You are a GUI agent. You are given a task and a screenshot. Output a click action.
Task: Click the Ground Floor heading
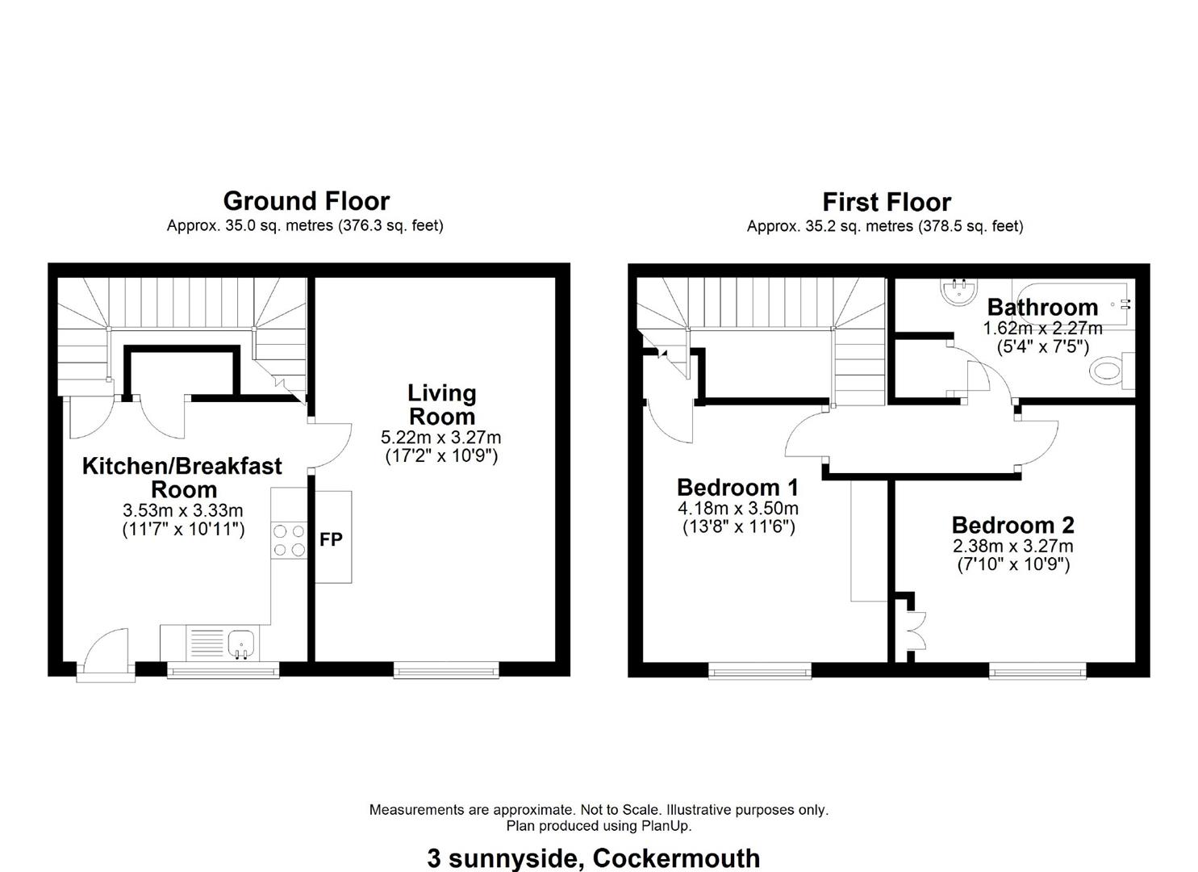coord(307,202)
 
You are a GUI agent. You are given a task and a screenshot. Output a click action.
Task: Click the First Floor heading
coord(887,203)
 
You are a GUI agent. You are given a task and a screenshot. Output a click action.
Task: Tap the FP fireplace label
coord(331,539)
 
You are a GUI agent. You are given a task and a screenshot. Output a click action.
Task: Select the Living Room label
coord(442,405)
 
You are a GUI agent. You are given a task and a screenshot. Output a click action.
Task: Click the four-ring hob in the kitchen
coord(289,540)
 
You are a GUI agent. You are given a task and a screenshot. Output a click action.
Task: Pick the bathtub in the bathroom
coord(1073,304)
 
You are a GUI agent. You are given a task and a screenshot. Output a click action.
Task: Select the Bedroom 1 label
coord(737,487)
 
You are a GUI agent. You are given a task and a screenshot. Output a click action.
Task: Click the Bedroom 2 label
coord(1012,525)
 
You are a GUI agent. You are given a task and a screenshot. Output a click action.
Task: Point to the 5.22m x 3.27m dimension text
coord(440,438)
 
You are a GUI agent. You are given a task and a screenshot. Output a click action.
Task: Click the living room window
coord(446,670)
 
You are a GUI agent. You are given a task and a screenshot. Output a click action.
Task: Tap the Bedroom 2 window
coord(1037,671)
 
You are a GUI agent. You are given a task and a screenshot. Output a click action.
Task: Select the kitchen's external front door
coord(106,656)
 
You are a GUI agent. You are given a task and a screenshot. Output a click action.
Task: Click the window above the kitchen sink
coord(223,670)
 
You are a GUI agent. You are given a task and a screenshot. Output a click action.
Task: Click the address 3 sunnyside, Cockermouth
coord(593,858)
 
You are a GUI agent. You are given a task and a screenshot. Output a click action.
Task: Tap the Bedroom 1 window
coord(760,671)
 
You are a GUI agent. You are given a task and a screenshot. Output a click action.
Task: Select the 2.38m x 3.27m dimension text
coord(1012,546)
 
